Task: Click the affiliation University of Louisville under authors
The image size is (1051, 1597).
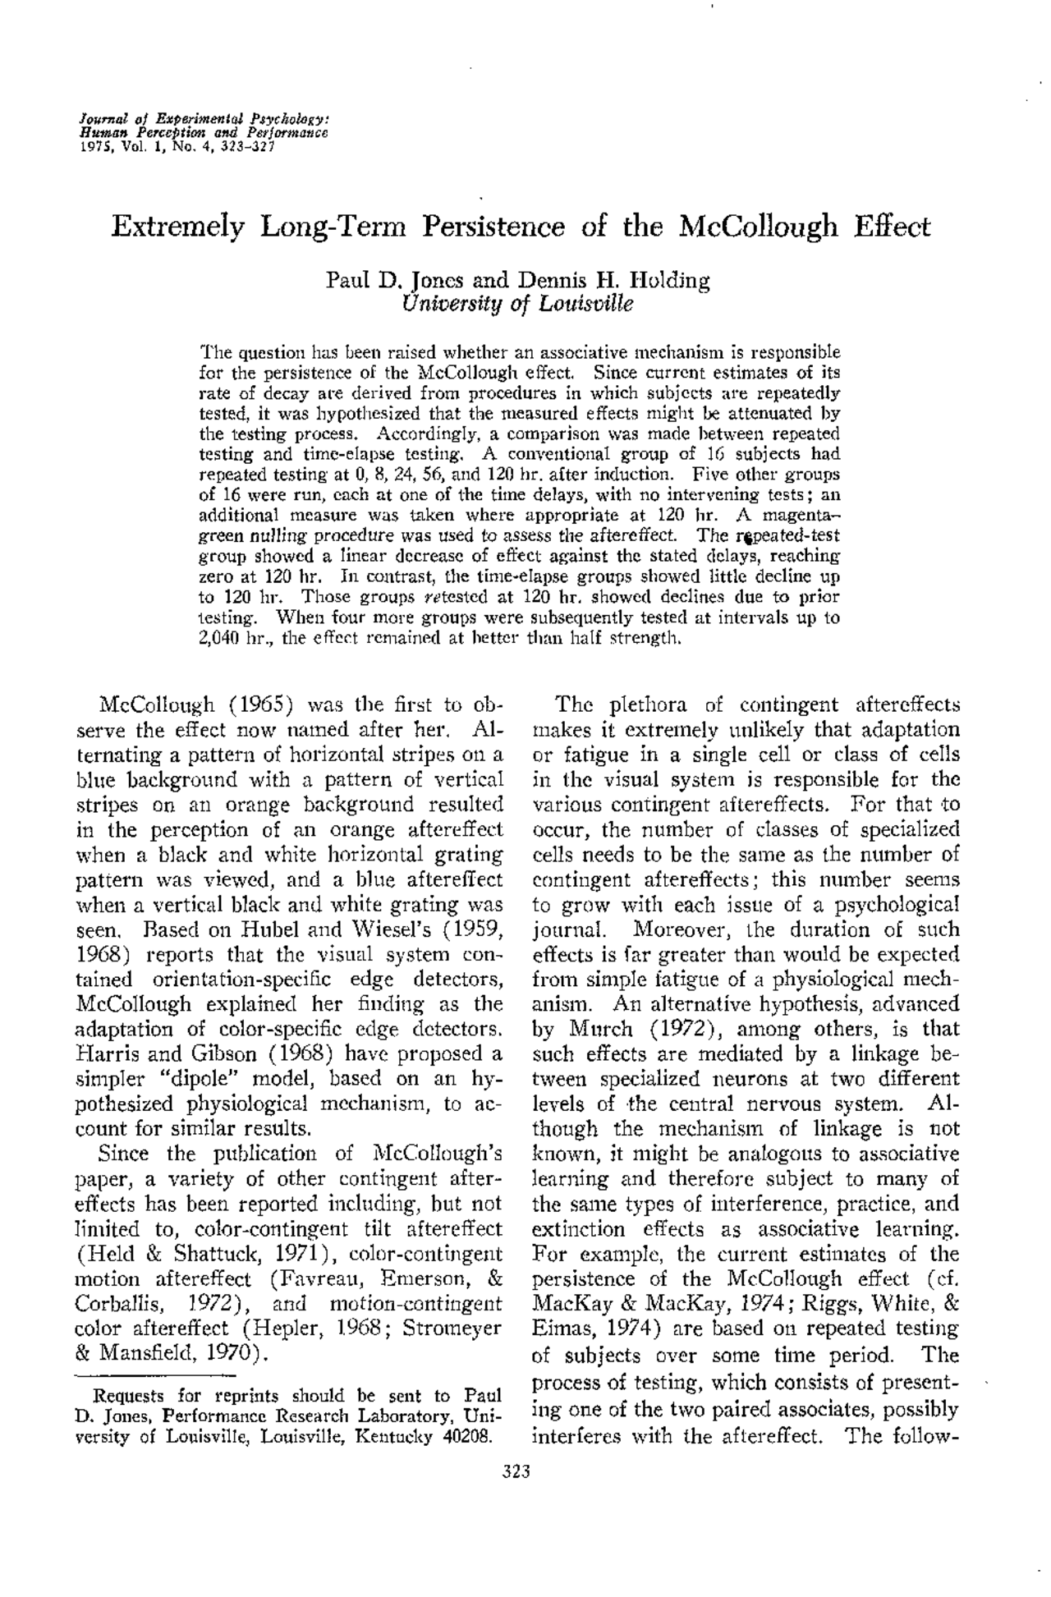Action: click(518, 303)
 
